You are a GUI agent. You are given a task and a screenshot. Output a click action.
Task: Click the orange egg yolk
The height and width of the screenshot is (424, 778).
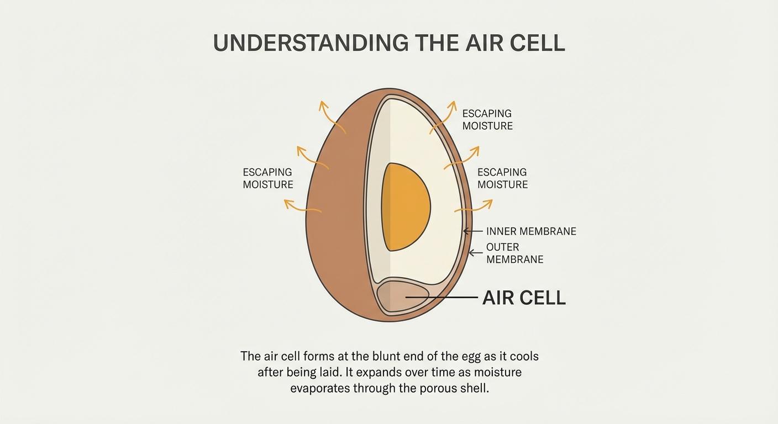406,207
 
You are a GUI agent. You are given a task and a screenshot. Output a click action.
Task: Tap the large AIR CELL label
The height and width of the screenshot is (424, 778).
524,298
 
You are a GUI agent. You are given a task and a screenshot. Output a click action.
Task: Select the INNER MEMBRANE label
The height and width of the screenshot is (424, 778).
531,231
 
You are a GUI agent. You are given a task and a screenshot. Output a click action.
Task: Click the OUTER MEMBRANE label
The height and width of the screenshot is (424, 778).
515,253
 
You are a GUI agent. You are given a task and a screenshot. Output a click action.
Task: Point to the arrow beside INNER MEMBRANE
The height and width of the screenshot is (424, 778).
473,231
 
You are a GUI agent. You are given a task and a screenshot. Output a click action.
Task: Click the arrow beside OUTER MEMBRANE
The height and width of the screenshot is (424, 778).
476,253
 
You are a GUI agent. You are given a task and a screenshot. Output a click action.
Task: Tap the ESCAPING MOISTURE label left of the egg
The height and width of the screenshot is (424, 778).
268,178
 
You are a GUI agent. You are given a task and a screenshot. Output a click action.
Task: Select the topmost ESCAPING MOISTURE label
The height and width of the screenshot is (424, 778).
487,120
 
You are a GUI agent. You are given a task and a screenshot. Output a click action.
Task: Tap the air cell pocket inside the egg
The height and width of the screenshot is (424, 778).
403,296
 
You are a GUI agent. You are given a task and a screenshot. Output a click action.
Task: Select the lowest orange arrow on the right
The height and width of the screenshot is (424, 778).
474,206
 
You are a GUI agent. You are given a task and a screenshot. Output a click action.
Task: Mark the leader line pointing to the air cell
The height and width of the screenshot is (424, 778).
442,298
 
